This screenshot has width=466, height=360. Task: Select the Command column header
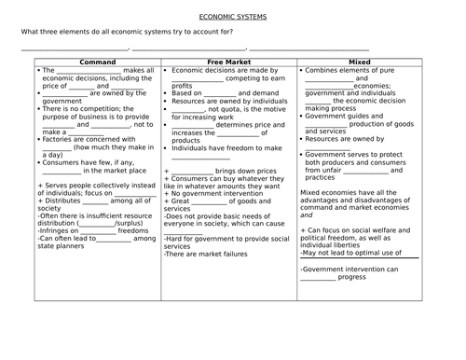pyautogui.click(x=98, y=62)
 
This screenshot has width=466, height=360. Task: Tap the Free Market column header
pyautogui.click(x=228, y=62)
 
